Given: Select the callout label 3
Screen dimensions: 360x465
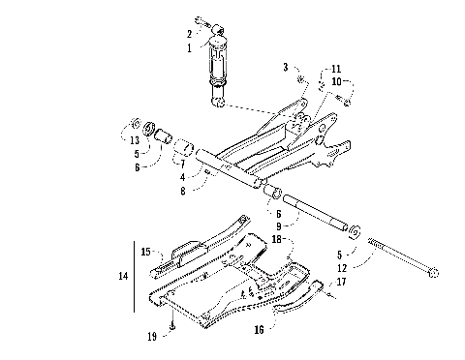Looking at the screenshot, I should pos(286,66).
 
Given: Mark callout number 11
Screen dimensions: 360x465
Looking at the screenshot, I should pos(336,70).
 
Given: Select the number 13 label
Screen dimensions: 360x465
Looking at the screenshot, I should pos(136,139).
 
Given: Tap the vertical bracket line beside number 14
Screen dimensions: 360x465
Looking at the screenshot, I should pos(134,277).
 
